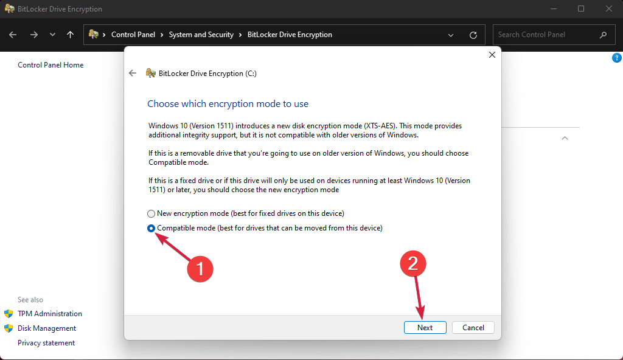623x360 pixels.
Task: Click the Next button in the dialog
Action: point(425,327)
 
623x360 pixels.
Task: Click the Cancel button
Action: point(473,327)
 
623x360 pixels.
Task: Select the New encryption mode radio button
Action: point(151,213)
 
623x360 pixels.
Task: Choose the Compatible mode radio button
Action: point(151,228)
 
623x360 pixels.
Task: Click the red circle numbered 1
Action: point(199,268)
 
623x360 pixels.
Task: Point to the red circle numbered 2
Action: point(412,264)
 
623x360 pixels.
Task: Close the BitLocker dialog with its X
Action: point(492,55)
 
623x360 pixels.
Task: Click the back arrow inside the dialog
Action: point(133,73)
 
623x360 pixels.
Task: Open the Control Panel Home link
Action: point(50,65)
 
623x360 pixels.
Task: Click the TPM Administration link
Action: point(50,314)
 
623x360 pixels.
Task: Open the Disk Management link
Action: point(47,328)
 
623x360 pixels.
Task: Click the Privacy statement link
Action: point(46,343)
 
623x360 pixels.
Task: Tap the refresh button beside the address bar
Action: point(473,35)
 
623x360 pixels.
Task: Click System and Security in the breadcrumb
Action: point(201,35)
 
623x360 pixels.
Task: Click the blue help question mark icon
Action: point(616,58)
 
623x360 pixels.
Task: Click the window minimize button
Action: point(553,9)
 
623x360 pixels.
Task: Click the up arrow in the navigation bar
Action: point(71,35)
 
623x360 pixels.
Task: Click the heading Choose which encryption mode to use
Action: point(228,104)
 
